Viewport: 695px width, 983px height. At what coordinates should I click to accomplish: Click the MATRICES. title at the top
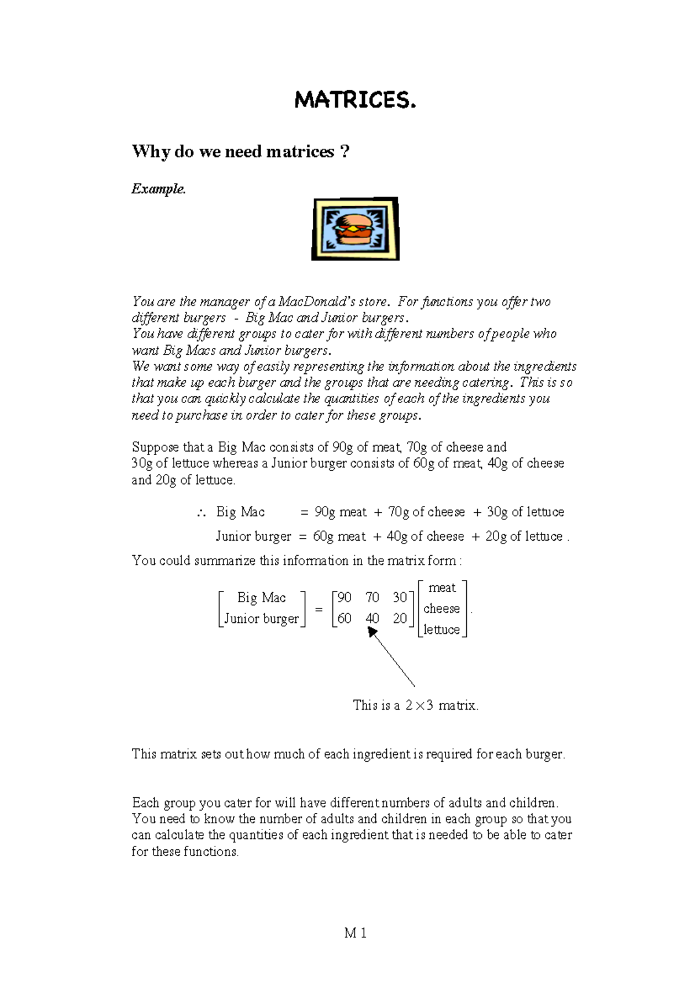point(355,101)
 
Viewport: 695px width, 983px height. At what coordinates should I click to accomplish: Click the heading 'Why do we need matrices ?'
point(240,152)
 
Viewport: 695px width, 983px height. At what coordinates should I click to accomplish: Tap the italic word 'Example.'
point(159,189)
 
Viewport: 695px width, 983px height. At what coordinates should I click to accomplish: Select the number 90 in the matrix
point(344,597)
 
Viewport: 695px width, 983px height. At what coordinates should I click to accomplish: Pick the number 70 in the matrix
point(372,597)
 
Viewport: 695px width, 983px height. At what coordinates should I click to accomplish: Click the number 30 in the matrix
point(400,597)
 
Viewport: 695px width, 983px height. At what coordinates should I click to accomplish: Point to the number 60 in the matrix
point(344,619)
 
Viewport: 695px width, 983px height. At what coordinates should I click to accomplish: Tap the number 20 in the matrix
point(400,619)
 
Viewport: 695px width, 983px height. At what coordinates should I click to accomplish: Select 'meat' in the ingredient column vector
point(442,588)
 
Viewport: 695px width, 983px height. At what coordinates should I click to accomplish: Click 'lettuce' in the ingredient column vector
point(441,630)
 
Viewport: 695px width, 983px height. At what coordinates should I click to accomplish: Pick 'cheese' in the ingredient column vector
point(441,609)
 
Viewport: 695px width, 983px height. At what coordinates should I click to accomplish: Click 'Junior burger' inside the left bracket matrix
point(261,619)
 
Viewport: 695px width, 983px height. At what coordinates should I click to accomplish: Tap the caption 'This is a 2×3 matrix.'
point(415,706)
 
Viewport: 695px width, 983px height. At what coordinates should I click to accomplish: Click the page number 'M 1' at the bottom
point(355,933)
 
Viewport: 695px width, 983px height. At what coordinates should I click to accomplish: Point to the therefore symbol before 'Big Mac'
point(202,513)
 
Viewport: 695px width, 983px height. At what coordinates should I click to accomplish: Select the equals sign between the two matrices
point(319,609)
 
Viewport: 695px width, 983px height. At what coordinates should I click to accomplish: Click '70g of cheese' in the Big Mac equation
point(426,512)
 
